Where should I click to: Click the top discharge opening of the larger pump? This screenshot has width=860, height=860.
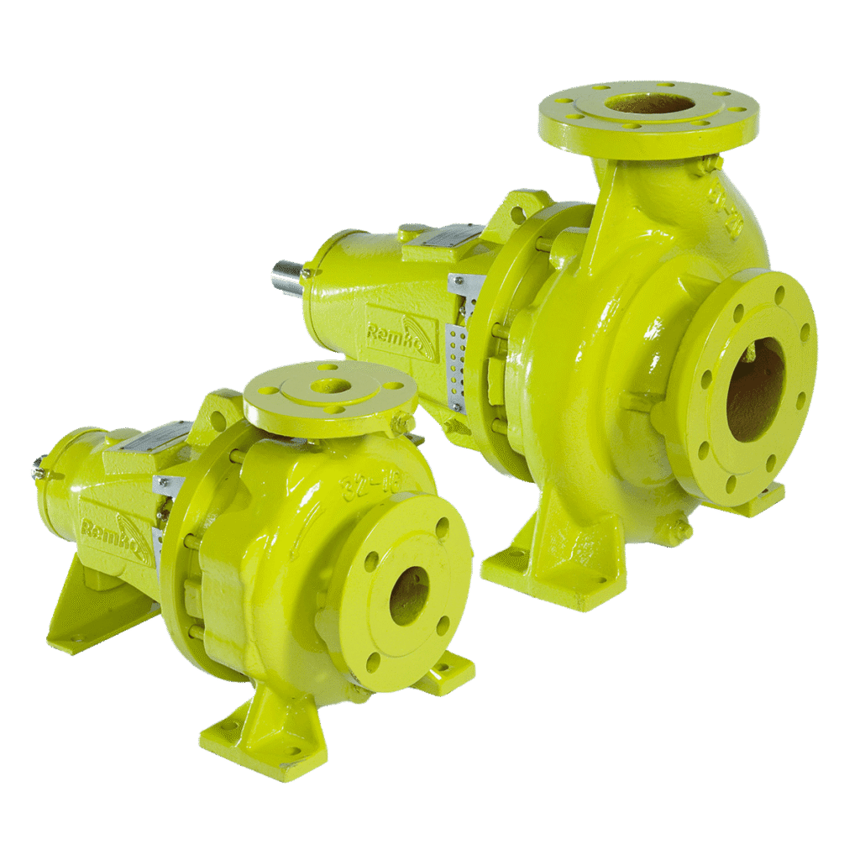pyautogui.click(x=649, y=104)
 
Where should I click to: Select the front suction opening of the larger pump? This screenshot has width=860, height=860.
pyautogui.click(x=754, y=389)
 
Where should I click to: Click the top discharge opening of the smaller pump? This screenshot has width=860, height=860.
pyautogui.click(x=329, y=387)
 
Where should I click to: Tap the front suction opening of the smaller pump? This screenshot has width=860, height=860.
pyautogui.click(x=409, y=595)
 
